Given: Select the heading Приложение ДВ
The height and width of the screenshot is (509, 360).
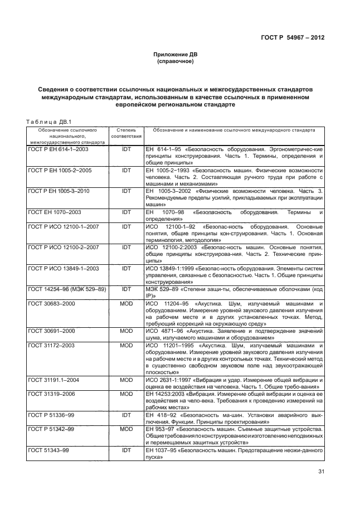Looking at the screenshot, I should pyautogui.click(x=175, y=55).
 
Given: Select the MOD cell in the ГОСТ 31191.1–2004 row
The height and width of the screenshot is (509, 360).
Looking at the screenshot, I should pyautogui.click(x=127, y=380).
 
